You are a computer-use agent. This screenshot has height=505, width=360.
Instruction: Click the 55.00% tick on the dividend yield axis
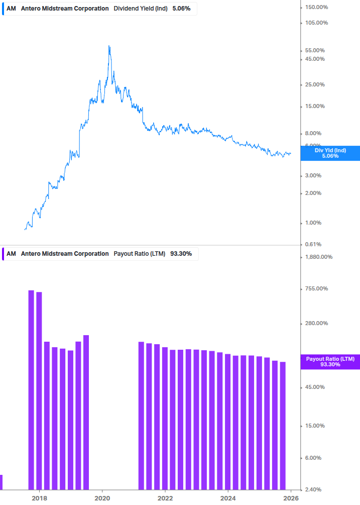coord(315,50)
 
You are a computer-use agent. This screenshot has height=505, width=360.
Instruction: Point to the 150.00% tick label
coord(317,7)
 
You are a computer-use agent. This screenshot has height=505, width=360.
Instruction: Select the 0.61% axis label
coord(315,244)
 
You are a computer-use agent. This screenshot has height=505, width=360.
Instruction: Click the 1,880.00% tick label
coord(319,257)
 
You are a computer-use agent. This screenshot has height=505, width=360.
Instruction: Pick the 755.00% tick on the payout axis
coord(316,288)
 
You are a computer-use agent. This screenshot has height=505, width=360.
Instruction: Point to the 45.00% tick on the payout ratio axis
coord(315,387)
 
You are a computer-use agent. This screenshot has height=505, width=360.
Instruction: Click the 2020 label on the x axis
coord(102,498)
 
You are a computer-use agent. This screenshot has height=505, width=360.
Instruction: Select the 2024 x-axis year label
coord(228,498)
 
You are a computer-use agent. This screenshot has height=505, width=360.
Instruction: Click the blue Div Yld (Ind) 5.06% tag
coord(330,153)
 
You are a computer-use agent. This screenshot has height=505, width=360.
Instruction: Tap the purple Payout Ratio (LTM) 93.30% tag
coord(330,361)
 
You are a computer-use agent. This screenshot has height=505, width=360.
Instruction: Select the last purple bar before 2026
coord(283,425)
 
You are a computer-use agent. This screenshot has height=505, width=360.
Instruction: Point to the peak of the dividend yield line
coord(109,46)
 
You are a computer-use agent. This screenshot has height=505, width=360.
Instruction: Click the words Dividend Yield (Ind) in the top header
coord(141,9)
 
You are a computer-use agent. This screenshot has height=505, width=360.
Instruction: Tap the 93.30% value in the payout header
coord(181,254)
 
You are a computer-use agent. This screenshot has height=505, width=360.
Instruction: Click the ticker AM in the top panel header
coord(11,9)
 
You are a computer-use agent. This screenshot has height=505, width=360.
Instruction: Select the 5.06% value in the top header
coord(181,9)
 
